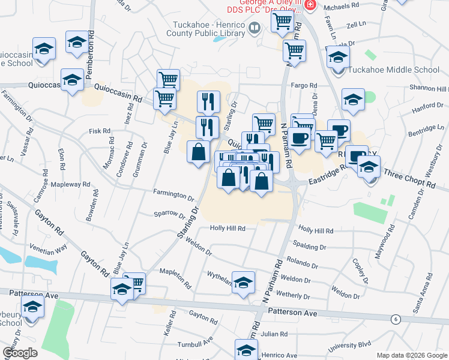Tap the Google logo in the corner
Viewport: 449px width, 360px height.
click(x=20, y=352)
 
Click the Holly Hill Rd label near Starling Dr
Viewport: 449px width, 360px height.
click(x=228, y=228)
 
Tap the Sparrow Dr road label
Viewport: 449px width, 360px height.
click(x=170, y=213)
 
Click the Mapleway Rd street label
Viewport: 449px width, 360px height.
click(x=70, y=184)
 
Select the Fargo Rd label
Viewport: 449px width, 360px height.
click(x=304, y=85)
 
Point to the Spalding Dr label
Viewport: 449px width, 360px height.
click(x=309, y=246)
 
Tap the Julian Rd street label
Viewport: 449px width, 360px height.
click(x=276, y=334)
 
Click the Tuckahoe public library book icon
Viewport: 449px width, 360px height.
click(x=255, y=28)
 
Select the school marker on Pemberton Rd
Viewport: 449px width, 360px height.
click(x=77, y=44)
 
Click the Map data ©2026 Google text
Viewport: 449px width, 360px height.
click(x=412, y=355)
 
